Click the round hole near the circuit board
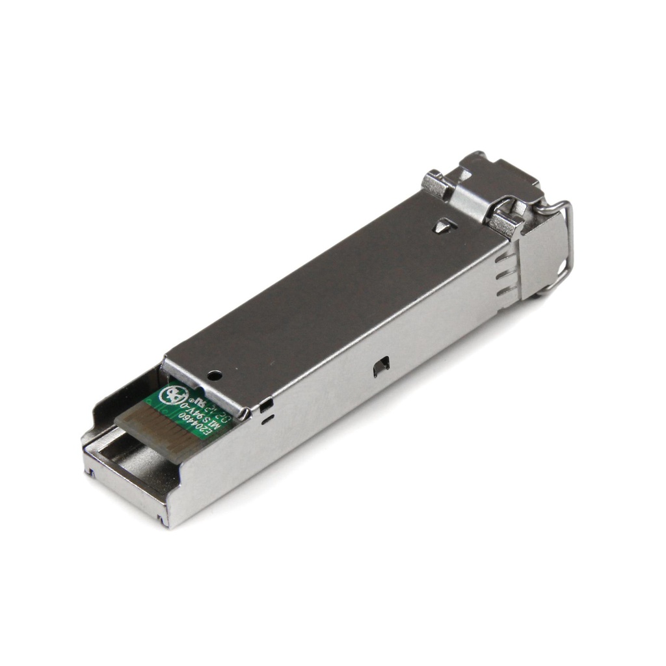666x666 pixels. (x=214, y=375)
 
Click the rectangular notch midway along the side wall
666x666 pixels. (x=381, y=367)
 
